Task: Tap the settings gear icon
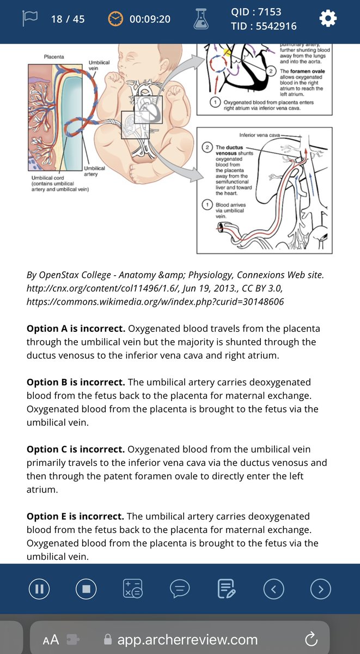click(327, 19)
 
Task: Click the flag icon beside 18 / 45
click(29, 19)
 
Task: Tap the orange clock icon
click(115, 19)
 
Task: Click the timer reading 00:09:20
click(150, 19)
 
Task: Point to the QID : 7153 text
click(256, 12)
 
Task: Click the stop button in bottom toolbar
click(86, 589)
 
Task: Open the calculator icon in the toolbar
click(133, 589)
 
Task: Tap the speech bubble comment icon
click(180, 589)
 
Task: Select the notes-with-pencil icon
click(226, 589)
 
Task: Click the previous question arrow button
click(273, 589)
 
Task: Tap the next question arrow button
click(320, 589)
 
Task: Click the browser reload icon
click(311, 639)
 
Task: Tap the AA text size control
click(51, 639)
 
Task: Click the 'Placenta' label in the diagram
click(53, 57)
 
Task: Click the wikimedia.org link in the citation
click(155, 301)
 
